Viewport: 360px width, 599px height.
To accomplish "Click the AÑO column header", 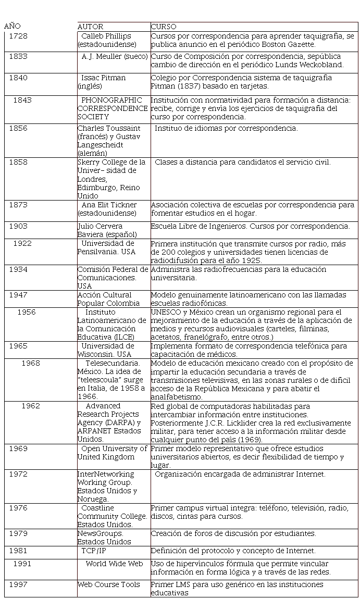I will (x=13, y=26).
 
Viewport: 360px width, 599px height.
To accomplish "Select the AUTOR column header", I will (x=90, y=27).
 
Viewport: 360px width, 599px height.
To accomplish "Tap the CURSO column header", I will (x=164, y=27).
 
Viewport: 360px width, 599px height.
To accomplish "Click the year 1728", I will (x=18, y=36).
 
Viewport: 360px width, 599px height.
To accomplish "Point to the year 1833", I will (x=18, y=56).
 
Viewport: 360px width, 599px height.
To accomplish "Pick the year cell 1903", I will (x=18, y=226).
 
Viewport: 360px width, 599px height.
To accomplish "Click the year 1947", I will (x=18, y=295).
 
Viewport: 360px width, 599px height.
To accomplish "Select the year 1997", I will (x=18, y=584).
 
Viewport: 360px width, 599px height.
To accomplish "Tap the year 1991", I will (x=22, y=564).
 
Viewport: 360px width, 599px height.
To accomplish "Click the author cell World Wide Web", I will (x=114, y=564).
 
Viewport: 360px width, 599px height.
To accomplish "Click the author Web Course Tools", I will (x=109, y=584).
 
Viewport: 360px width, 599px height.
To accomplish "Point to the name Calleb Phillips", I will (x=106, y=36).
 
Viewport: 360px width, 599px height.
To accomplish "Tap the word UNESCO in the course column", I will (x=164, y=312).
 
